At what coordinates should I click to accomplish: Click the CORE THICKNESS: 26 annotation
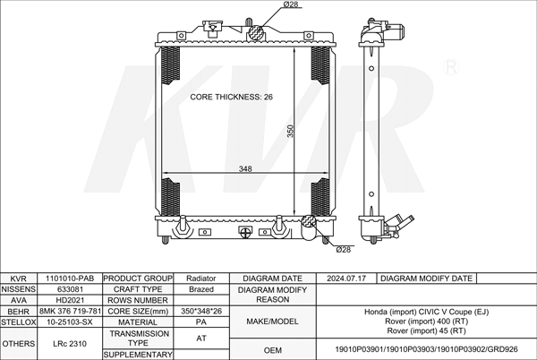point(231,97)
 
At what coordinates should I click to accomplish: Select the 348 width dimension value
point(245,168)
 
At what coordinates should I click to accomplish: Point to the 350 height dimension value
point(290,131)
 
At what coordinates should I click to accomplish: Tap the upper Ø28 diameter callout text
point(291,4)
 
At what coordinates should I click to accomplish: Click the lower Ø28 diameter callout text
point(343,250)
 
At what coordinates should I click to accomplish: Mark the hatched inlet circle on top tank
point(256,33)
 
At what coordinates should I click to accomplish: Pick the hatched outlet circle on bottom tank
point(309,221)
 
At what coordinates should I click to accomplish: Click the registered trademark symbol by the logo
point(451,67)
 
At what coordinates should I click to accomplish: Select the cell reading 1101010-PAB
point(70,279)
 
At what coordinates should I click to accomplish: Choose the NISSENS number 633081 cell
point(70,289)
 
